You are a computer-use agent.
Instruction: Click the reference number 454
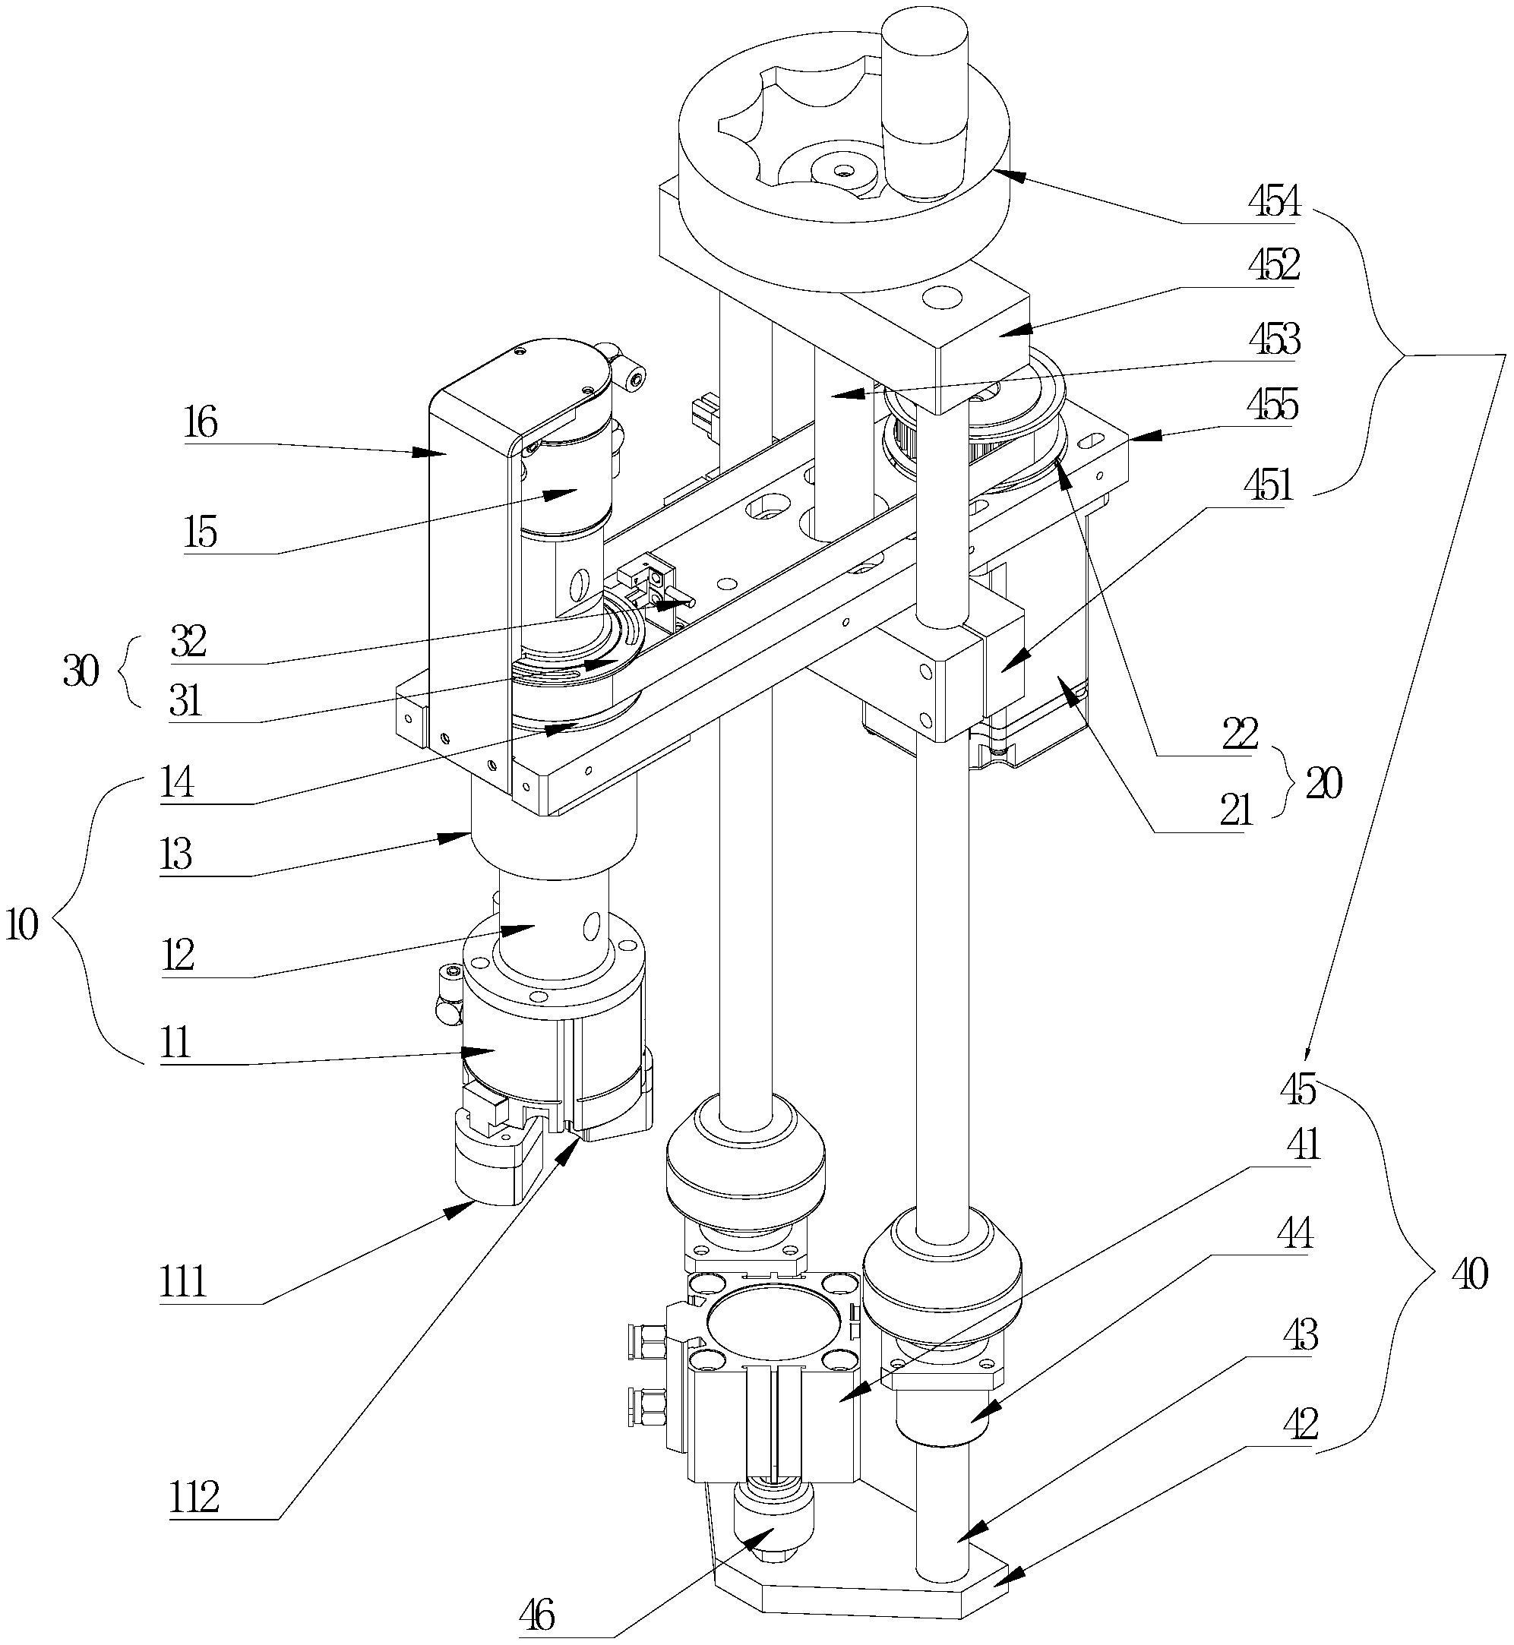coord(1274,201)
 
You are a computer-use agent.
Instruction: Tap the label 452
coord(1274,264)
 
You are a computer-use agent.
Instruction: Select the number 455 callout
coord(1274,404)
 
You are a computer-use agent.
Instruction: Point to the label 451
coord(1267,486)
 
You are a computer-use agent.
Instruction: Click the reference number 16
coord(201,424)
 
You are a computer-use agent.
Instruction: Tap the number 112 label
coord(194,1498)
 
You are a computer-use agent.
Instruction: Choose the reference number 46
coord(537,1614)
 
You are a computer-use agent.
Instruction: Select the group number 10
coord(22,926)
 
